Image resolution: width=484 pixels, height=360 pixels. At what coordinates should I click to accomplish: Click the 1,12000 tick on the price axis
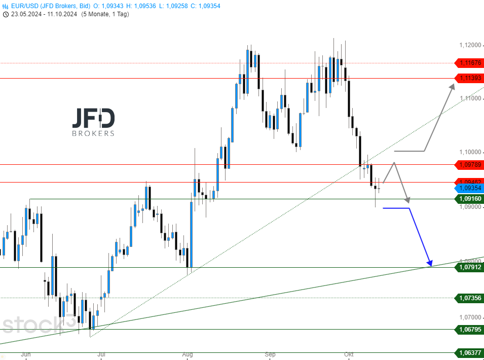click(x=469, y=45)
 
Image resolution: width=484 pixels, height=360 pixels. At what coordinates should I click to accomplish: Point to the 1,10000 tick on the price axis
click(x=469, y=152)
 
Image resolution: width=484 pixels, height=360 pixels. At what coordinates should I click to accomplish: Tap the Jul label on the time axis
click(x=101, y=354)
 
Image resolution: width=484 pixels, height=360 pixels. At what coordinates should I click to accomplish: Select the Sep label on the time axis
click(x=270, y=354)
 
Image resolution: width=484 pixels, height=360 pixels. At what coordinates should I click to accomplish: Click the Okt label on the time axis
click(x=348, y=354)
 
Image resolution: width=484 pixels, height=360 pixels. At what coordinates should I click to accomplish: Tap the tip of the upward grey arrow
click(x=454, y=84)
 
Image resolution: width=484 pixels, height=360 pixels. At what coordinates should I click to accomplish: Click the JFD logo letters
click(x=93, y=118)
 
